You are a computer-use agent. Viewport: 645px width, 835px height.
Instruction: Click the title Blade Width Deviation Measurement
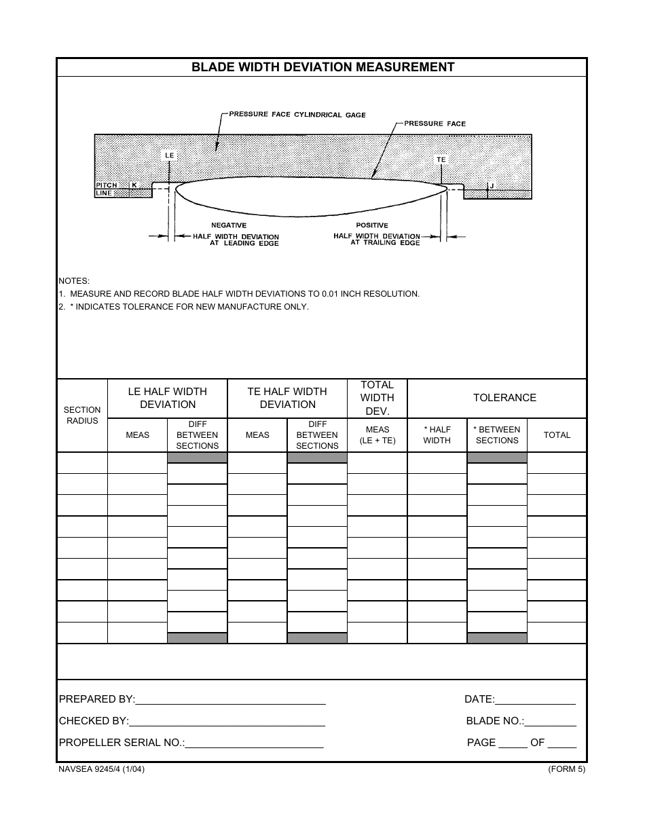tap(322, 67)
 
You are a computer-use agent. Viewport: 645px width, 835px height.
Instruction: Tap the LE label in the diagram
tap(170, 155)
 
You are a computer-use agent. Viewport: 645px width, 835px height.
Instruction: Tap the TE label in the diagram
tap(441, 160)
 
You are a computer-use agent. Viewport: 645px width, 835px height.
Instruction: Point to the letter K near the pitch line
tap(134, 185)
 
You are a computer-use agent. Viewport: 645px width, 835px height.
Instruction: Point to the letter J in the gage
tap(491, 185)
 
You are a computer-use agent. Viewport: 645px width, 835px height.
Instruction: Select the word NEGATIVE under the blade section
tap(229, 225)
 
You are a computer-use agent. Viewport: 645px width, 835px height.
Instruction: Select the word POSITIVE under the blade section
tap(372, 225)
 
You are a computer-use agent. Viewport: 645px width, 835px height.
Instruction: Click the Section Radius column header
tap(82, 415)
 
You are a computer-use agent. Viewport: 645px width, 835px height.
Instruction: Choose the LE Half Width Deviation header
tap(168, 398)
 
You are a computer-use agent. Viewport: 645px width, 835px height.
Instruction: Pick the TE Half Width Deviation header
tap(288, 398)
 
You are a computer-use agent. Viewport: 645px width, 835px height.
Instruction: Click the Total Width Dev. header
tap(377, 398)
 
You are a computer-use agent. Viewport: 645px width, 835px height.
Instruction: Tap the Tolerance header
tap(504, 398)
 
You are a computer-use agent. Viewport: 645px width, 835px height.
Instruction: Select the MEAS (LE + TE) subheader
tap(377, 435)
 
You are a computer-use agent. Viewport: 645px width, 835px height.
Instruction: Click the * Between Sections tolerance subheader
tap(497, 435)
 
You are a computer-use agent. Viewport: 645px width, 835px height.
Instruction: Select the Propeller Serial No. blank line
tap(254, 745)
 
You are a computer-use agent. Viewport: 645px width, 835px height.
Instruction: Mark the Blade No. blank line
tap(550, 723)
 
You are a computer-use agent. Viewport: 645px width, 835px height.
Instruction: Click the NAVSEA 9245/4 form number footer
tap(101, 769)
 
